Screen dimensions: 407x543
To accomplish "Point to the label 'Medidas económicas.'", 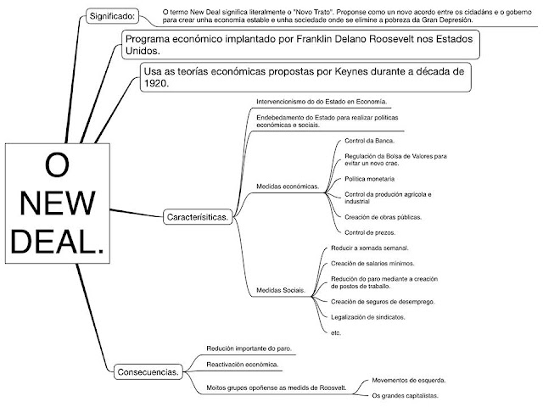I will point(287,186).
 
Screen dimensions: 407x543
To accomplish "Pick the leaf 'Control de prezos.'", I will point(370,231).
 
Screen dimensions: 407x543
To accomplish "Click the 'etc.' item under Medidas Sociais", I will point(337,332).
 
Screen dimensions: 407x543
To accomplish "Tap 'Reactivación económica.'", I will point(244,364).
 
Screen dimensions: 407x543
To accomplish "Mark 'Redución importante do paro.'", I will point(247,348).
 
